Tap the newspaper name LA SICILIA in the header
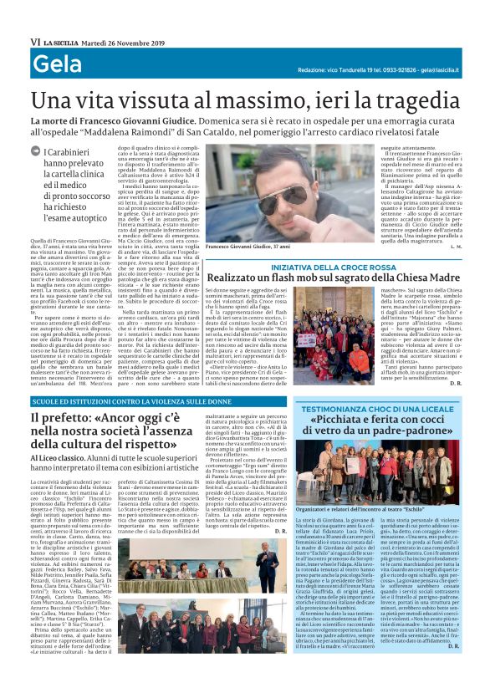click(x=64, y=41)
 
